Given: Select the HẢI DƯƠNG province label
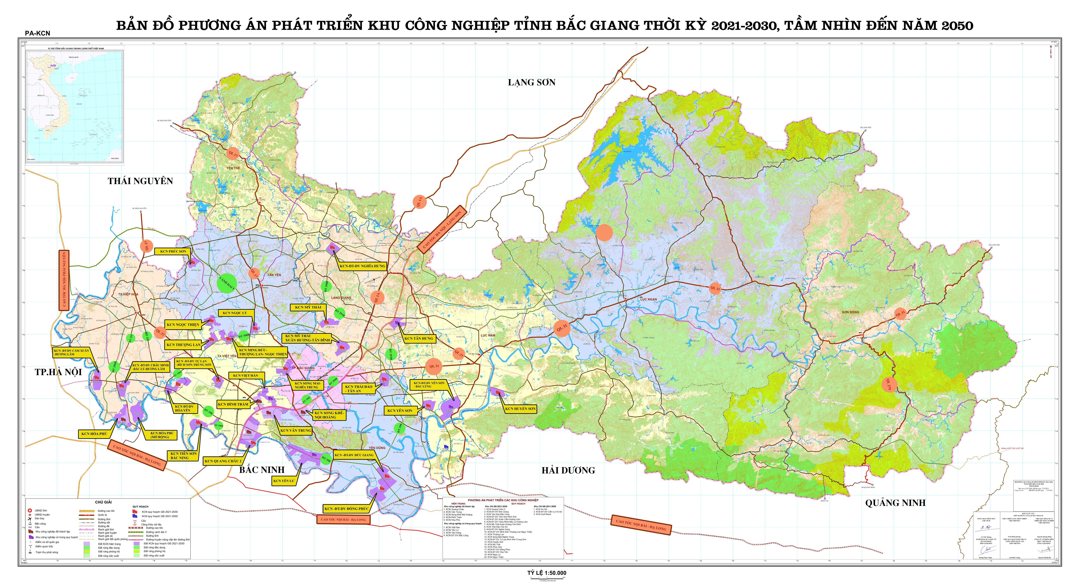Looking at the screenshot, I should (568, 470).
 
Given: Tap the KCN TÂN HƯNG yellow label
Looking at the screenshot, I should (419, 338).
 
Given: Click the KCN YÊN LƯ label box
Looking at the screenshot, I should (284, 481).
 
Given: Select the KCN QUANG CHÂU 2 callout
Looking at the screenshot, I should (223, 461).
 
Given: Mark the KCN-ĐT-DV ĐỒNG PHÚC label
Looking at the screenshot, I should (346, 509).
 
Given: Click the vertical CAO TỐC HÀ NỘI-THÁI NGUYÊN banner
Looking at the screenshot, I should (64, 280).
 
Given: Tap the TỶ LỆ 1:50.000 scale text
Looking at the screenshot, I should (547, 573).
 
